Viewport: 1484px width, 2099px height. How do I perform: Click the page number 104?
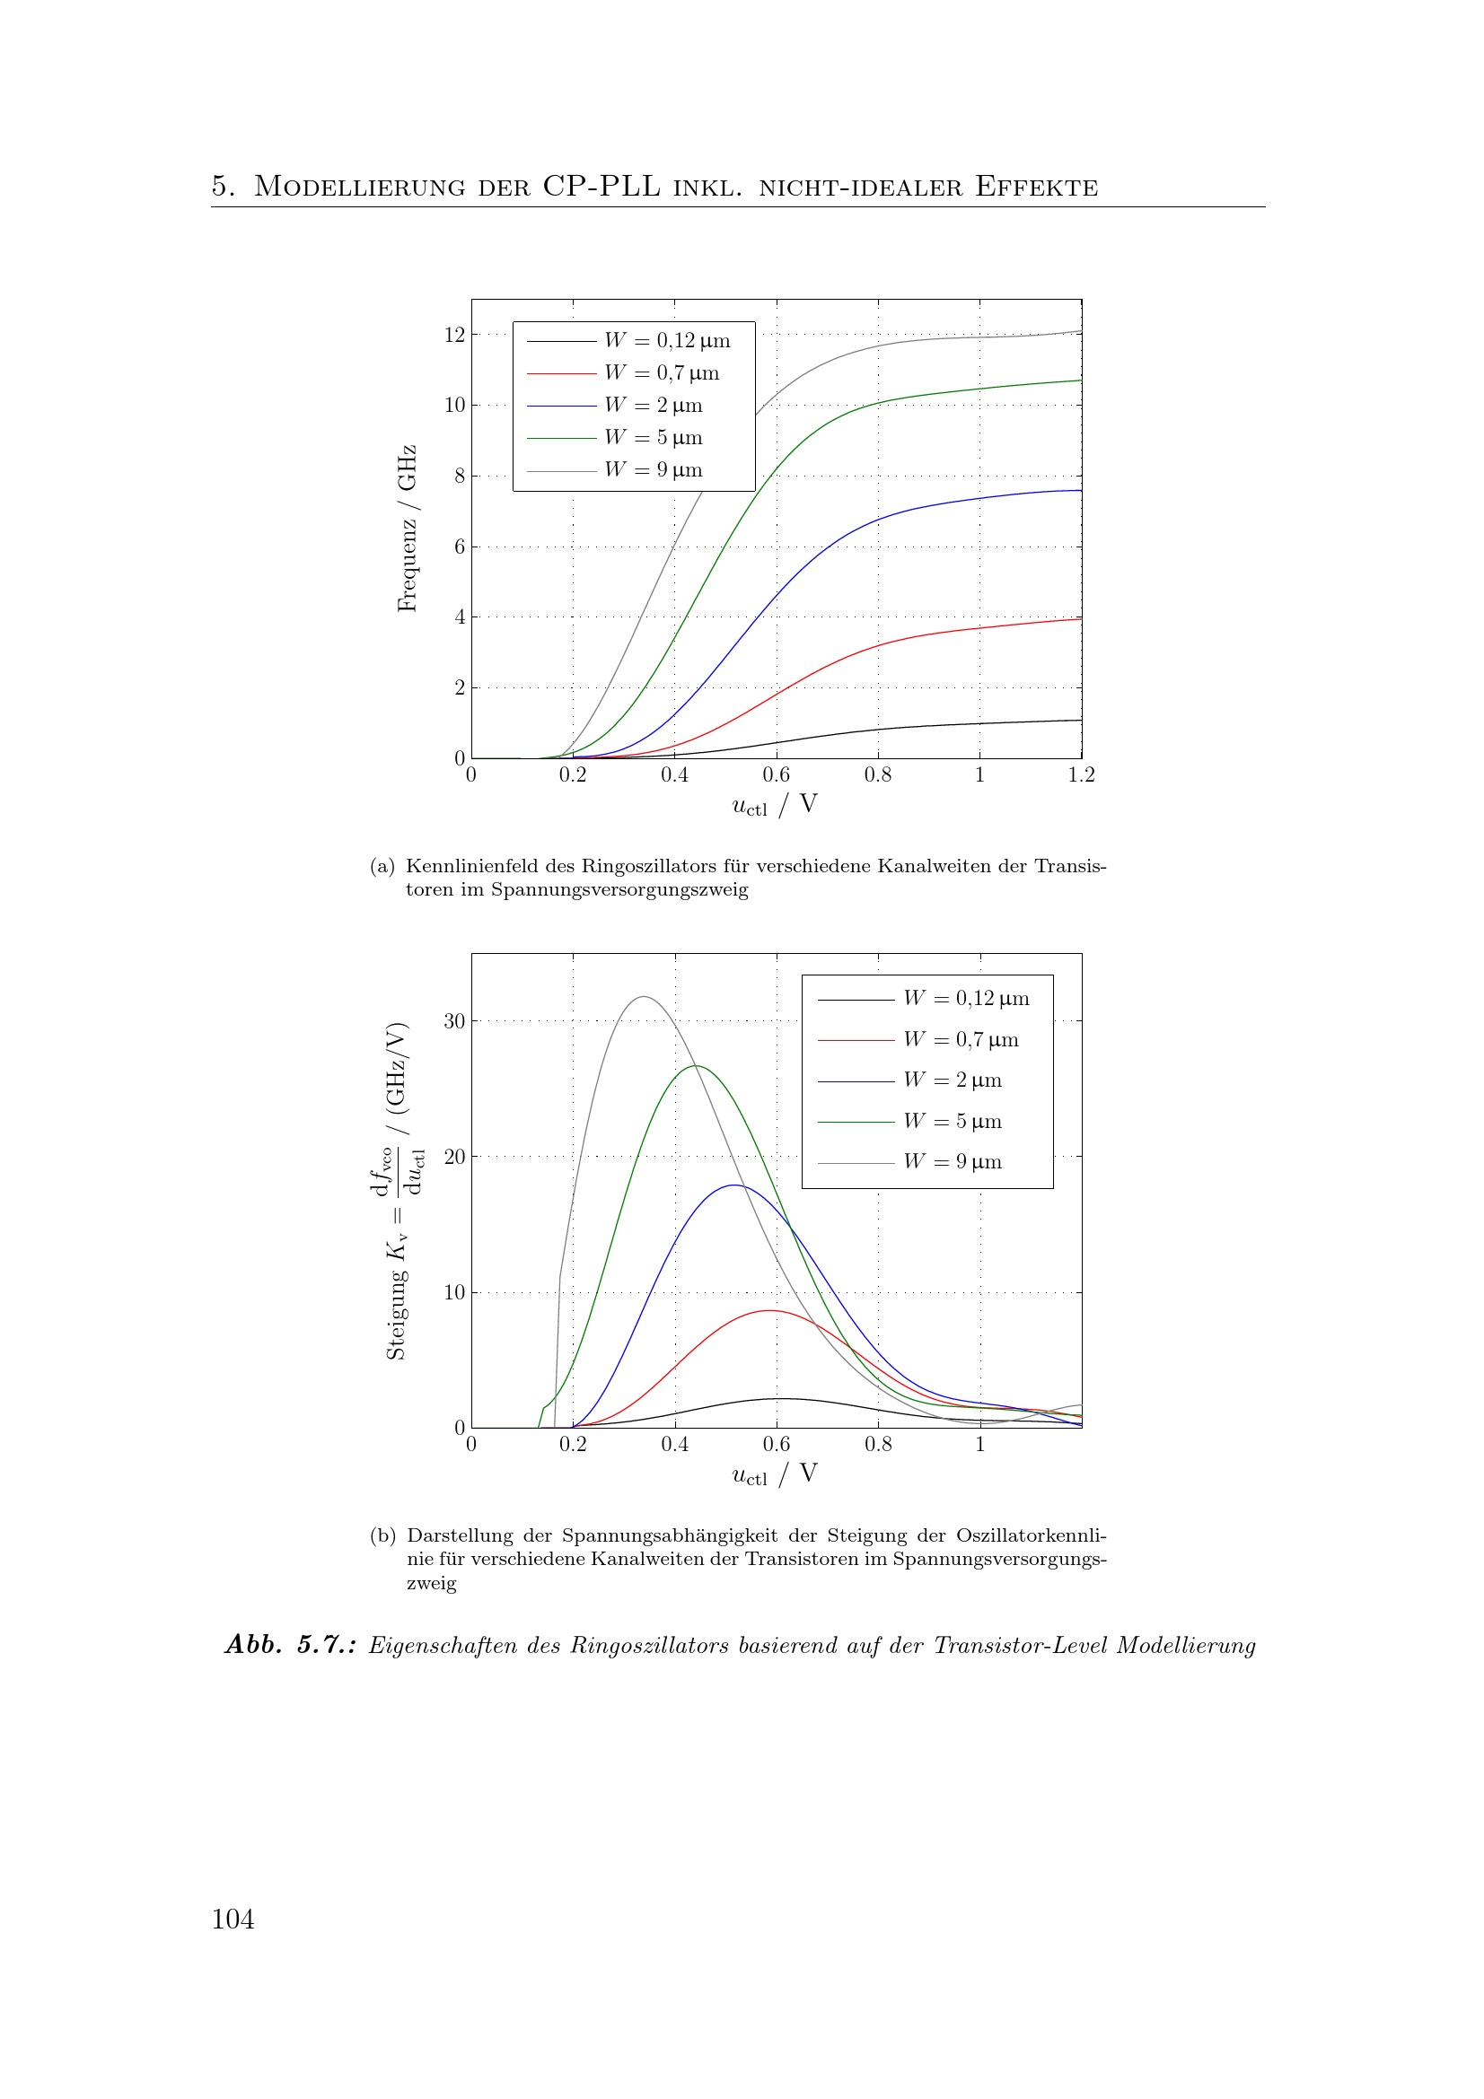point(233,1919)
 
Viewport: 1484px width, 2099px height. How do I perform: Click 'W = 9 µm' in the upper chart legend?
point(653,470)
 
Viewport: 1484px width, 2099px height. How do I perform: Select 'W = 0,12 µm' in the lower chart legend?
point(966,998)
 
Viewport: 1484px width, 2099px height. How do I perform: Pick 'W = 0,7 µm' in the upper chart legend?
point(661,373)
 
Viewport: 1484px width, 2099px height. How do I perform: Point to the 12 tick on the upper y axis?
point(454,335)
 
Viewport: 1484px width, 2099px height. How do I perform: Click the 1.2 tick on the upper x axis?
point(1081,775)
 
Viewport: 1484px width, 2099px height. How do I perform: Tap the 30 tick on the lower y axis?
point(454,1021)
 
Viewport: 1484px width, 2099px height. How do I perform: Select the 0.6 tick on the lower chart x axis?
point(777,1445)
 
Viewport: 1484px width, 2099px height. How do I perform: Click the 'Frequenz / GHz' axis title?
point(407,529)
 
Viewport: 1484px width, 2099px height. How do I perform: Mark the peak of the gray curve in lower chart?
point(645,996)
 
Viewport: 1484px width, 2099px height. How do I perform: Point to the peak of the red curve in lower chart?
point(770,1311)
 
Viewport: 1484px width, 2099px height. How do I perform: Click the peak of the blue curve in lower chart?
point(734,1185)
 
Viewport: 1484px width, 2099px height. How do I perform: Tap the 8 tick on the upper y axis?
point(460,476)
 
